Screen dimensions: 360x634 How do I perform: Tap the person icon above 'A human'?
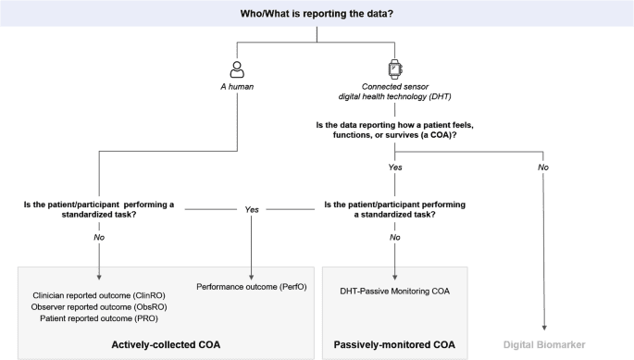236,69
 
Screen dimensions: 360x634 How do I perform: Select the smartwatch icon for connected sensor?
395,69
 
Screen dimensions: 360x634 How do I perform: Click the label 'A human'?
236,89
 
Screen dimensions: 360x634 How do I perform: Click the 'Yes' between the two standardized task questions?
251,209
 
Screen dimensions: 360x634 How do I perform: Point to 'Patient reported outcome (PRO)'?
98,318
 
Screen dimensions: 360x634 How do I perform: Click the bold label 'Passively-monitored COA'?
396,344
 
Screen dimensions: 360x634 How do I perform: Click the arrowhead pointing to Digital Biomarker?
544,326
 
